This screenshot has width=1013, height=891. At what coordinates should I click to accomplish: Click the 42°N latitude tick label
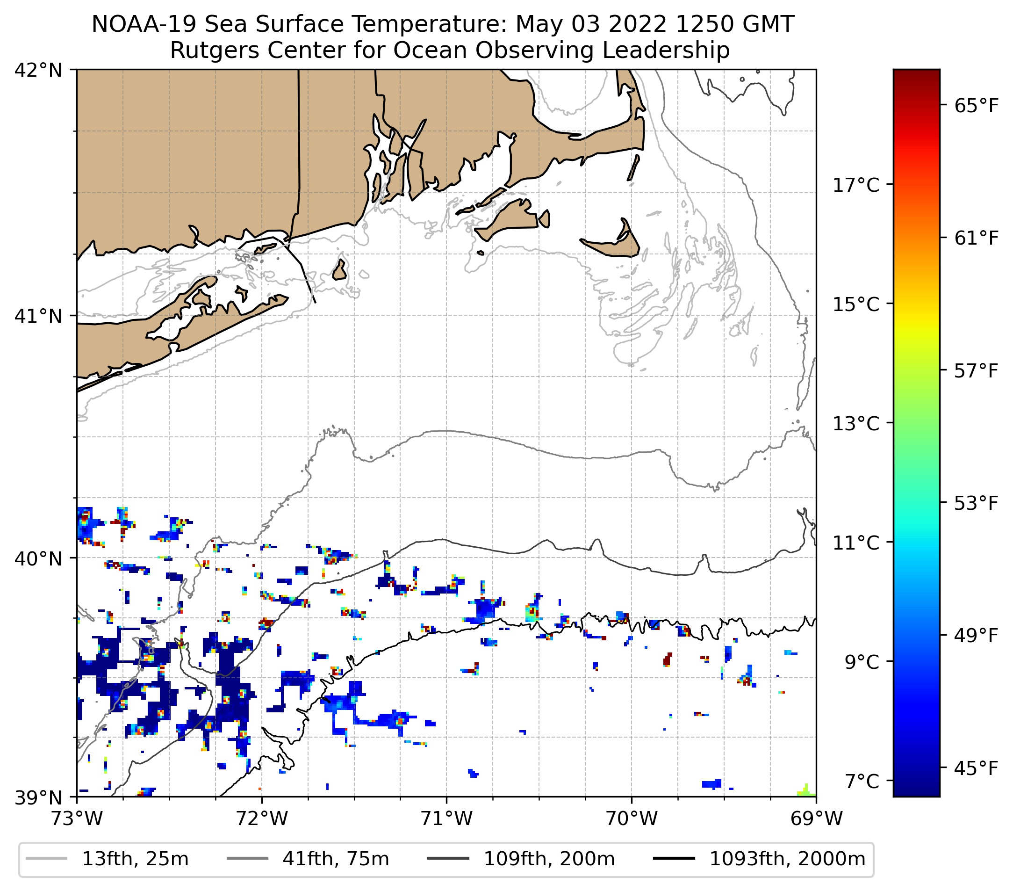click(38, 71)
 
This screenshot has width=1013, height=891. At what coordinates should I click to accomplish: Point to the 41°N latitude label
click(38, 316)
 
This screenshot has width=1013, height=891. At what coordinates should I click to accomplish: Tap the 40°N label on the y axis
click(38, 558)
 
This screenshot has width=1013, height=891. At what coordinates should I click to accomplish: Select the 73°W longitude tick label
click(77, 819)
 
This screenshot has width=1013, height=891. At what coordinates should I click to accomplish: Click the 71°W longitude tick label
click(446, 819)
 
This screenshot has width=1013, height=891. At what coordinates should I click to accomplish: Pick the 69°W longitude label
click(816, 819)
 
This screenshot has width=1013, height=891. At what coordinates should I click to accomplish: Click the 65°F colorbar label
click(976, 106)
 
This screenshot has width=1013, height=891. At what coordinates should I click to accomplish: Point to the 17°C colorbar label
click(856, 185)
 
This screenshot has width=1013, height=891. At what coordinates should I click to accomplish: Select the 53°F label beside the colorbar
click(976, 503)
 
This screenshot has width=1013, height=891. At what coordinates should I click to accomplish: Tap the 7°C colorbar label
click(862, 781)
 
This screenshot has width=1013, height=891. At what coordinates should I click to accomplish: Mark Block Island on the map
click(339, 271)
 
